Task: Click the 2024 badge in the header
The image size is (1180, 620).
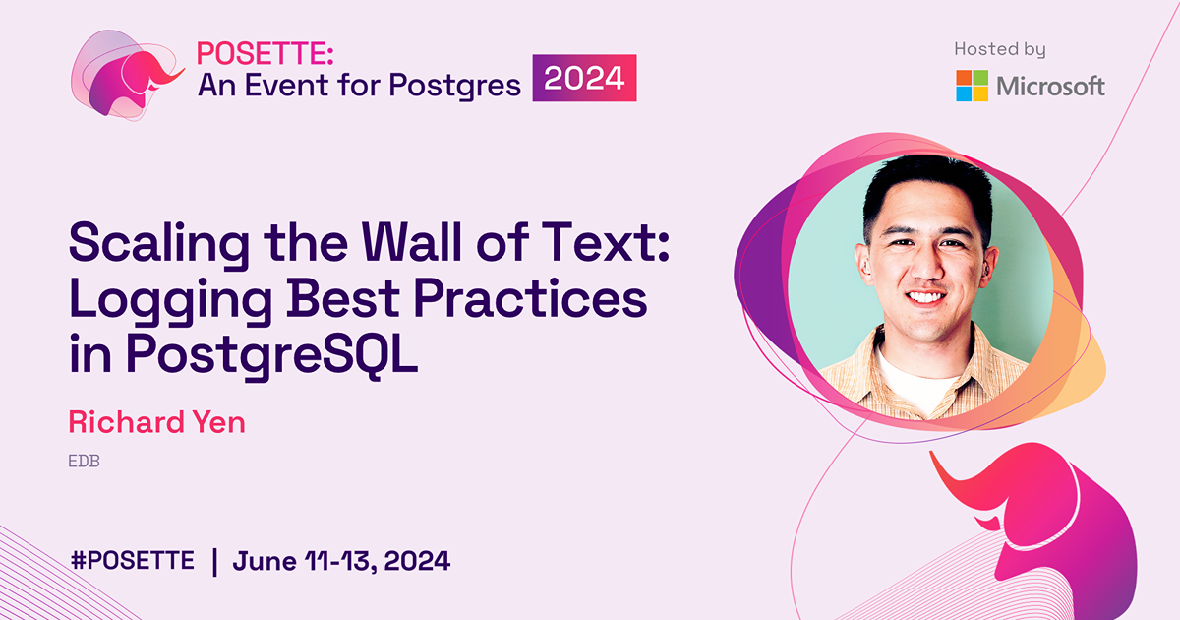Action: click(x=584, y=79)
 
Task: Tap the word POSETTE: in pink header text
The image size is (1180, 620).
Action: click(x=253, y=54)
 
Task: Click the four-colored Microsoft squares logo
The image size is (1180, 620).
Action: click(x=972, y=86)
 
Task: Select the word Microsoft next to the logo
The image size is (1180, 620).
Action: click(x=1050, y=87)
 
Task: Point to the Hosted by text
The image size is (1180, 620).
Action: click(x=999, y=49)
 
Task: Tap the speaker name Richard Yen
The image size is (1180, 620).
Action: click(x=156, y=422)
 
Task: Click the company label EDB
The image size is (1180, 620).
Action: click(x=85, y=461)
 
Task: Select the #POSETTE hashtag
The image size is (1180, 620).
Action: click(x=133, y=561)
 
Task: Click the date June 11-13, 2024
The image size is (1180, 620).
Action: click(x=341, y=561)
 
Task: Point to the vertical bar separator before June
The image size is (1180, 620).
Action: click(x=214, y=561)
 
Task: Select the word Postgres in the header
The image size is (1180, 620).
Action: click(x=454, y=86)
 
